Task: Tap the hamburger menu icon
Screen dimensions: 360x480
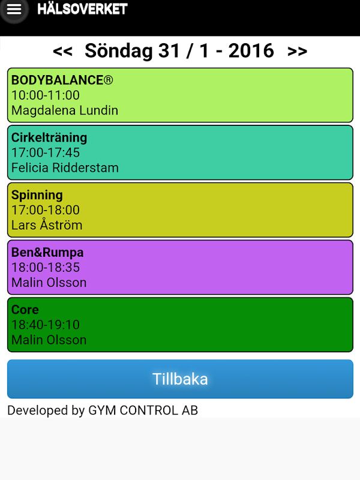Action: coord(14,10)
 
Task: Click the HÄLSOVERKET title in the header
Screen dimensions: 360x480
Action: coord(82,8)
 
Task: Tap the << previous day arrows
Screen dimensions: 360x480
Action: coord(63,51)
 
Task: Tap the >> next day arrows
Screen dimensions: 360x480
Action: coord(297,51)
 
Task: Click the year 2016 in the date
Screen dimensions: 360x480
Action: coord(251,50)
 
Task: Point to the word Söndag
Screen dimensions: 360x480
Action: coord(119,50)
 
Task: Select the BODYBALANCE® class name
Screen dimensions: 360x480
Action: coord(62,80)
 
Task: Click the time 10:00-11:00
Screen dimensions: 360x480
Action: coord(46,95)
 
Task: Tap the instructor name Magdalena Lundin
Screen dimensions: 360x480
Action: coord(65,110)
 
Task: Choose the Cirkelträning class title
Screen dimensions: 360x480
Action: coord(49,138)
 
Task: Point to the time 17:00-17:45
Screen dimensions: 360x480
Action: coord(46,152)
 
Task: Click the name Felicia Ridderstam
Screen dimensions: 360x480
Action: coord(65,168)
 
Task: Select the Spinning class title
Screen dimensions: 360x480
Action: coord(37,196)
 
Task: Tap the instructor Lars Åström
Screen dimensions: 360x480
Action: coord(47,224)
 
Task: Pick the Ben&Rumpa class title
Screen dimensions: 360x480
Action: coord(47,253)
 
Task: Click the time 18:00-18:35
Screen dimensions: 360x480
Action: coord(46,267)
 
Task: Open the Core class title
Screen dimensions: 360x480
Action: coord(25,310)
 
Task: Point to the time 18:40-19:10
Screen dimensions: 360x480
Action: coord(46,325)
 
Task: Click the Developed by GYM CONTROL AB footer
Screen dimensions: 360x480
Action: coord(103,410)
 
